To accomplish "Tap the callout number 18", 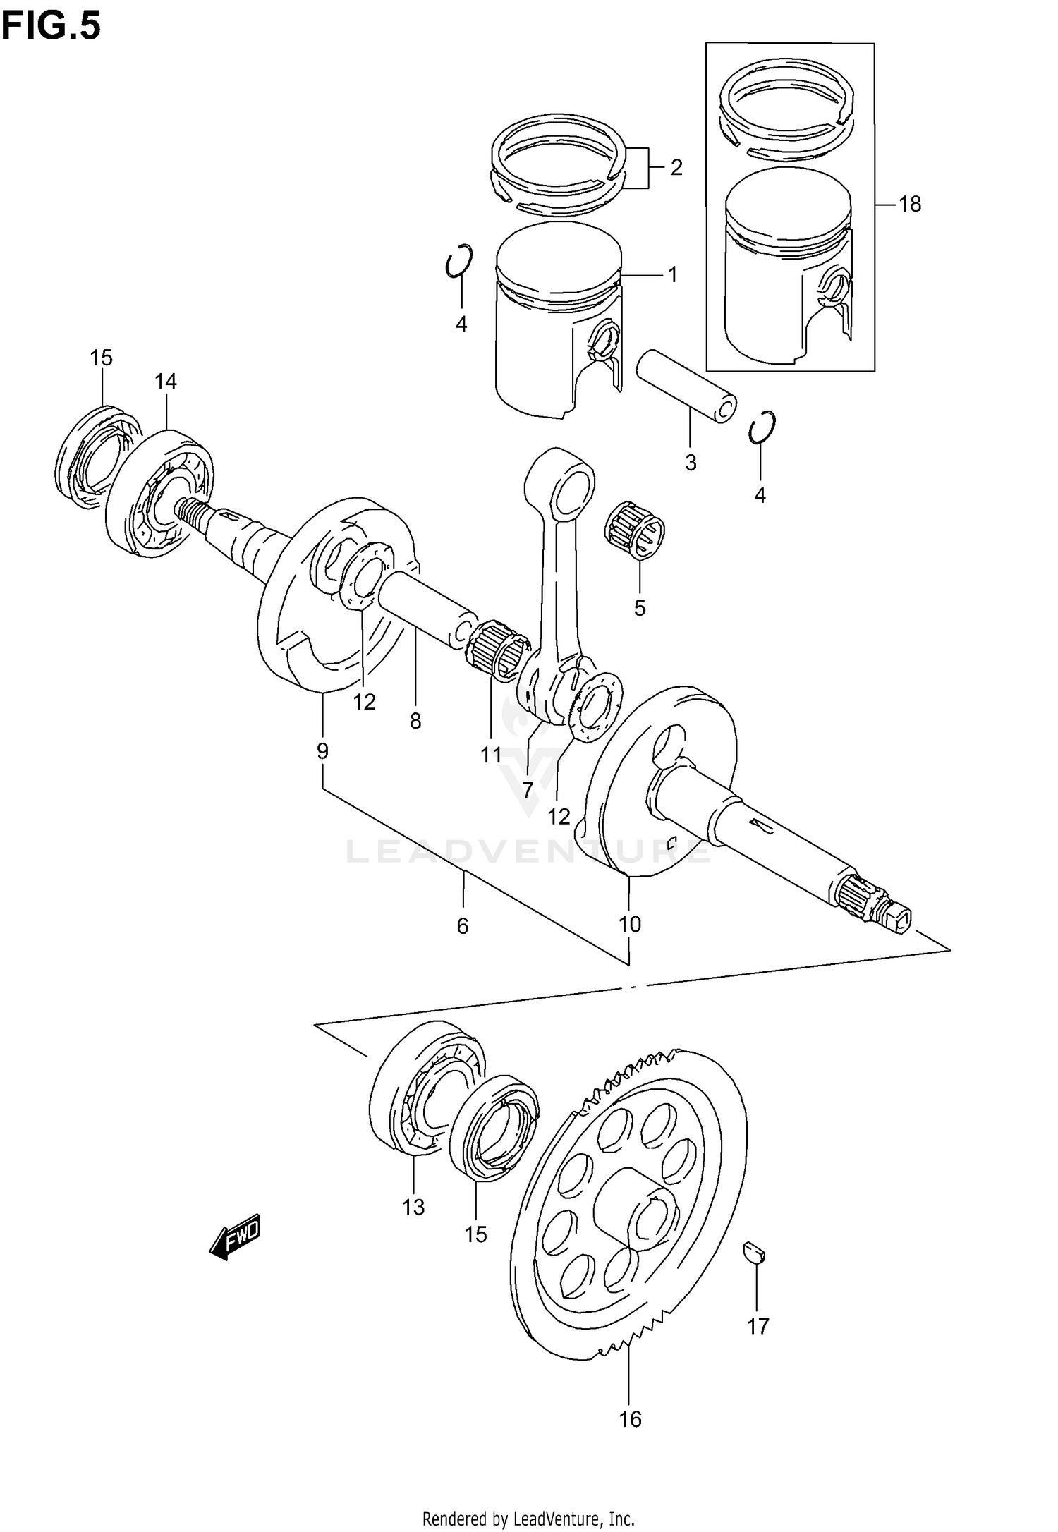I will point(910,205).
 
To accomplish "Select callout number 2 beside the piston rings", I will point(676,168).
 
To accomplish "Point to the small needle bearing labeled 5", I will point(635,538).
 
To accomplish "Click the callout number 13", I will point(413,1208).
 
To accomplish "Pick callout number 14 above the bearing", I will point(166,382).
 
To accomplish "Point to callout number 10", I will point(630,923).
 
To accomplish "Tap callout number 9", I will point(322,751).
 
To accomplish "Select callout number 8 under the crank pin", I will point(415,721).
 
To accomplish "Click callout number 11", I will point(491,755).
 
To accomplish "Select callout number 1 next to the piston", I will point(672,274).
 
